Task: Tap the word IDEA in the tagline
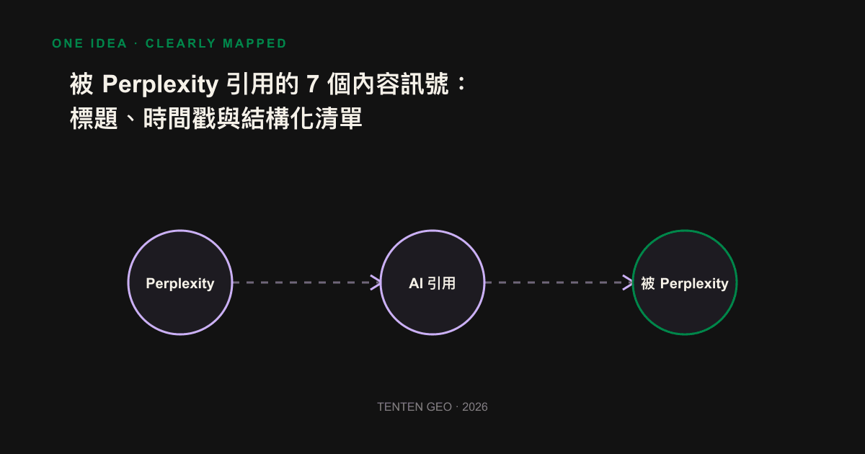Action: click(109, 44)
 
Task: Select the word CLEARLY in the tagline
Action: click(180, 44)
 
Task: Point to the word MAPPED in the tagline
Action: click(254, 44)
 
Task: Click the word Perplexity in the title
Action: click(161, 84)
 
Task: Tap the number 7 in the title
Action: click(312, 84)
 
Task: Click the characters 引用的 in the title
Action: click(262, 84)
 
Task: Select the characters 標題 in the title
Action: click(94, 118)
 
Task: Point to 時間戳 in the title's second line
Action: click(179, 118)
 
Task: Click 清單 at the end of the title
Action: click(338, 118)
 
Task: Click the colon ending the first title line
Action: click(461, 84)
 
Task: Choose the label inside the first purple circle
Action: click(180, 284)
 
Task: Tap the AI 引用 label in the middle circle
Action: click(432, 283)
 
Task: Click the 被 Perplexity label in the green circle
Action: click(685, 284)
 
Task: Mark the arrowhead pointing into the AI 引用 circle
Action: click(376, 282)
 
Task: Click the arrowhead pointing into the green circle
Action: click(629, 282)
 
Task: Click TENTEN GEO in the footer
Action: click(414, 407)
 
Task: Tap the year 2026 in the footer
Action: click(475, 407)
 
